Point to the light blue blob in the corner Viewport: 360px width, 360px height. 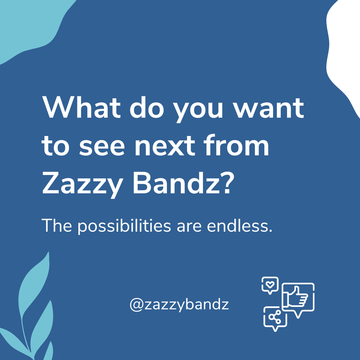click(30, 23)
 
